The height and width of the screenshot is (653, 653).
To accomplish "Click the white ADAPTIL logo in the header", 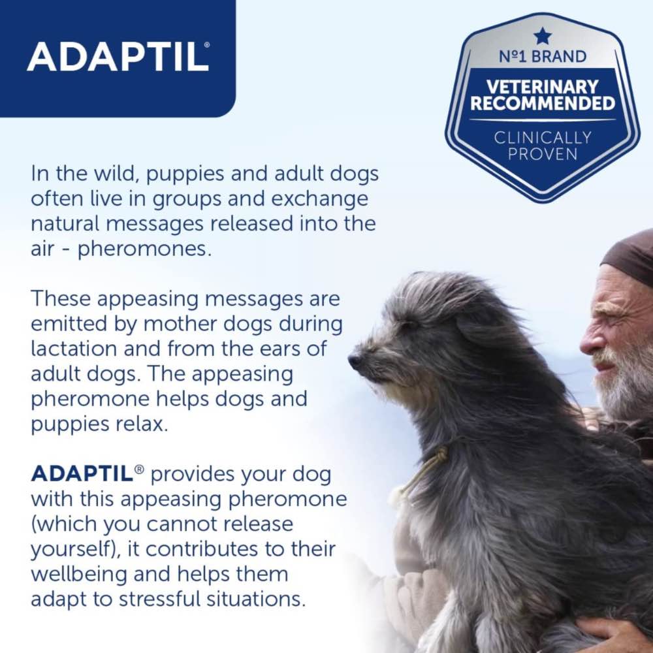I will pyautogui.click(x=118, y=57).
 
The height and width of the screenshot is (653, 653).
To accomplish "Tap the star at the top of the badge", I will pyautogui.click(x=542, y=35).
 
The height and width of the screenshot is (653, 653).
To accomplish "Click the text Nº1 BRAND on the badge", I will pyautogui.click(x=542, y=56).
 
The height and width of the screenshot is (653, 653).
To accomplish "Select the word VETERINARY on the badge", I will pyautogui.click(x=542, y=86).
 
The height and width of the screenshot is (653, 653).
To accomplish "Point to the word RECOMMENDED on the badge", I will pyautogui.click(x=542, y=103).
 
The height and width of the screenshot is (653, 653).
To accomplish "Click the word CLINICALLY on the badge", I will pyautogui.click(x=542, y=137).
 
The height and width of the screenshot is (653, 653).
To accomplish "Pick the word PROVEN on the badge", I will pyautogui.click(x=542, y=155).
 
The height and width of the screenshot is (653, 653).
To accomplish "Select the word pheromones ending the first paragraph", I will pyautogui.click(x=144, y=249).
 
